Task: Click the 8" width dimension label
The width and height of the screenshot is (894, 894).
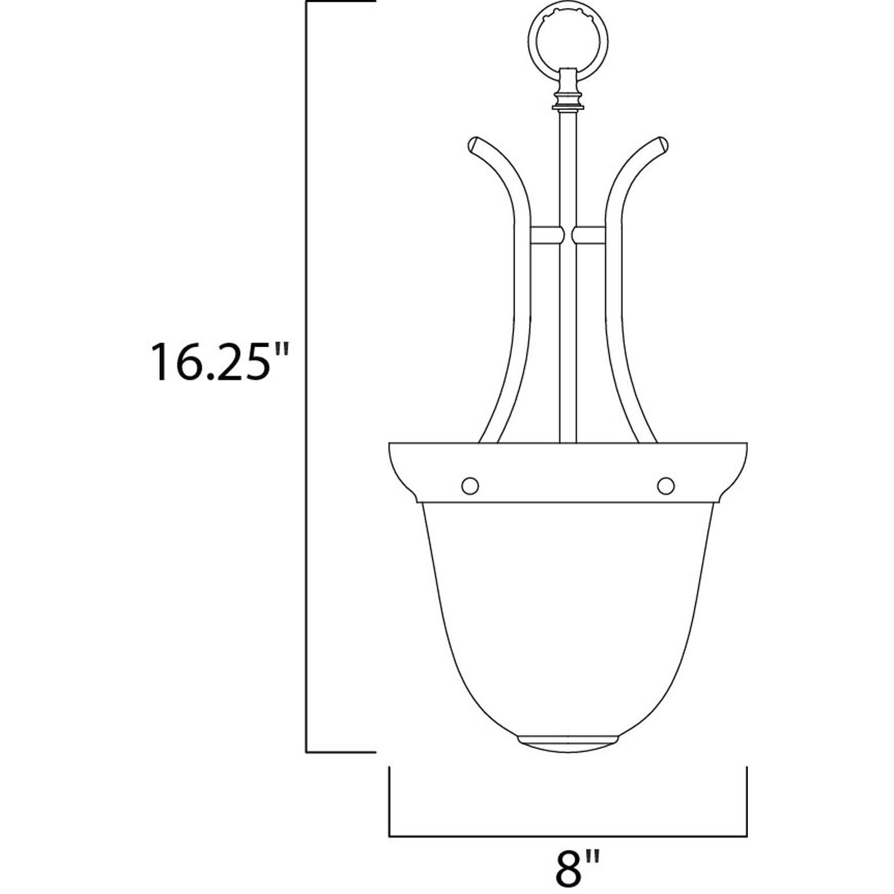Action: pos(571,869)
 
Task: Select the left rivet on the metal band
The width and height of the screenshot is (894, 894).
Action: pos(469,485)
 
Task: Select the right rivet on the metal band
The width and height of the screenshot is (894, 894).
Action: pos(665,485)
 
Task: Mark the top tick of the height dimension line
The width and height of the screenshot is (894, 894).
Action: pos(340,3)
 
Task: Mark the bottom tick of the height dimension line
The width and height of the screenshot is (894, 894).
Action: pos(340,752)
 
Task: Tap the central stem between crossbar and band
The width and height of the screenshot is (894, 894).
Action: pos(567,344)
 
